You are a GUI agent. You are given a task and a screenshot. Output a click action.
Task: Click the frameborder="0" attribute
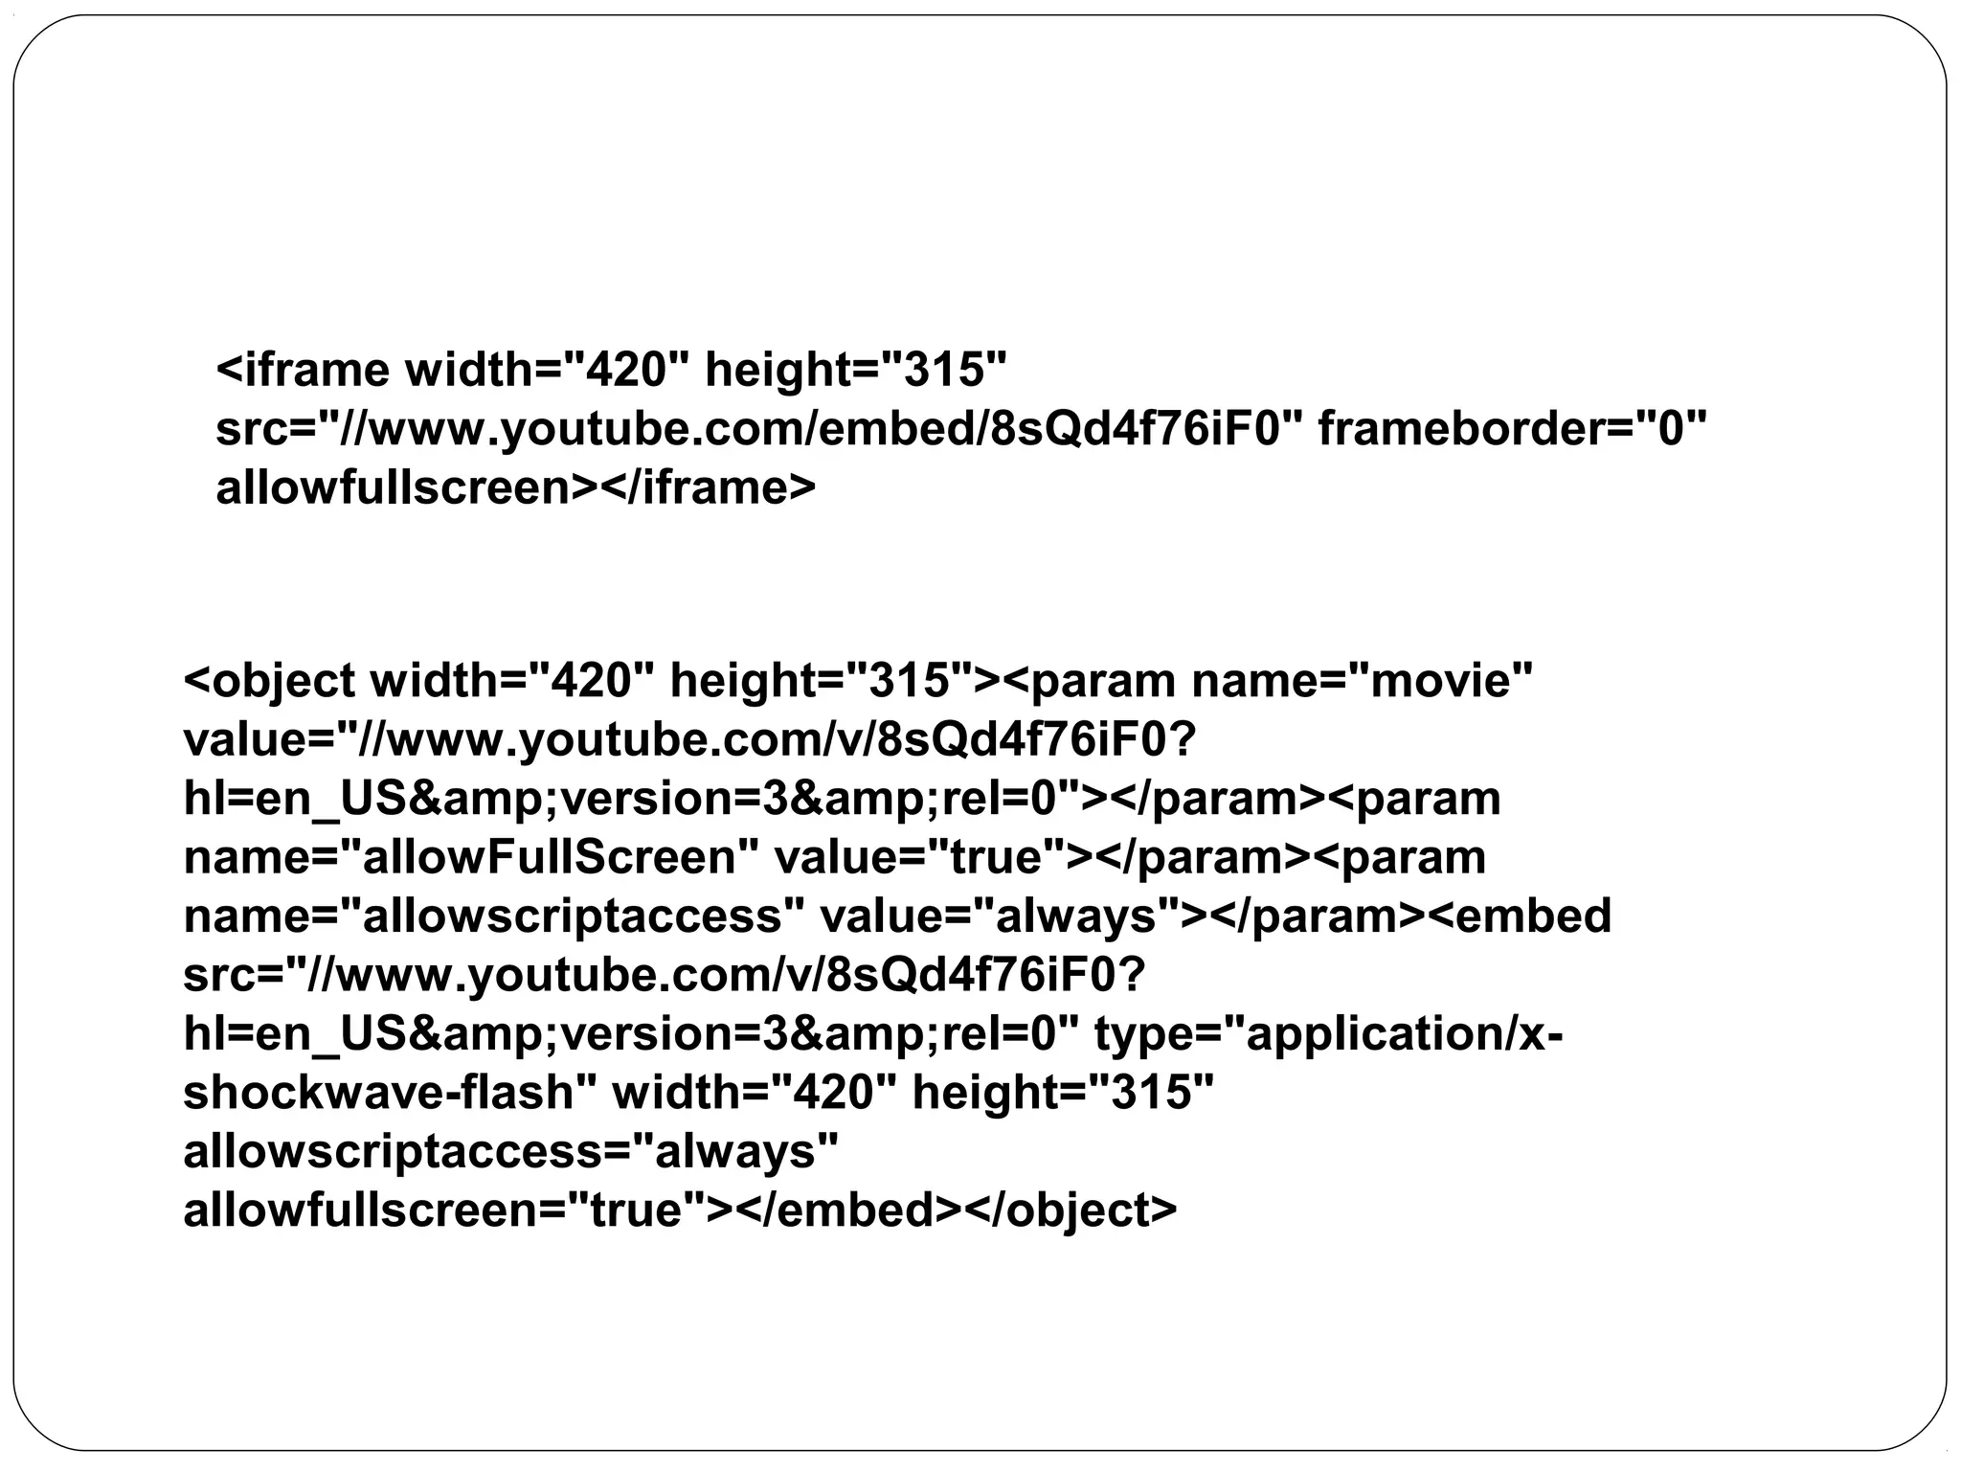coord(1512,428)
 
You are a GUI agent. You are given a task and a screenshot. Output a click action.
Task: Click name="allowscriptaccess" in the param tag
coord(494,917)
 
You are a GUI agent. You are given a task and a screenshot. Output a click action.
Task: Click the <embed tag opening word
coord(1521,917)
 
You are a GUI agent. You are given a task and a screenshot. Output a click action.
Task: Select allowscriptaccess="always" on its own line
coord(510,1151)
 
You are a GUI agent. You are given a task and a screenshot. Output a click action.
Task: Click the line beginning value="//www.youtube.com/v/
coord(689,740)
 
